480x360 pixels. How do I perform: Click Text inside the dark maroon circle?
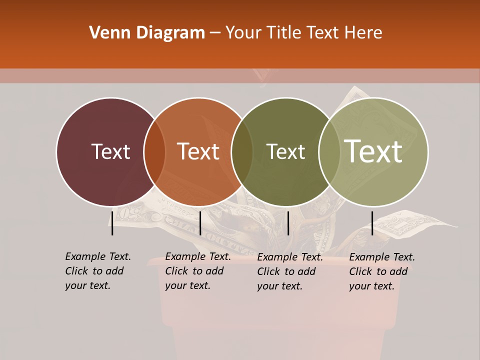tap(110, 151)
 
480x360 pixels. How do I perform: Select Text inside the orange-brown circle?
tap(198, 151)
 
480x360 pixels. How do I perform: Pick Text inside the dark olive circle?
tap(285, 151)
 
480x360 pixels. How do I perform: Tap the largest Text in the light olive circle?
tap(373, 151)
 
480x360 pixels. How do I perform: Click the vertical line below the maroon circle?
tap(112, 222)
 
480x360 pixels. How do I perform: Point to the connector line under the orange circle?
tap(200, 222)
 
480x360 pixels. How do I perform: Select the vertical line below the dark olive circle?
tap(288, 222)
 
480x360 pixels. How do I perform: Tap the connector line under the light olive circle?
tap(372, 222)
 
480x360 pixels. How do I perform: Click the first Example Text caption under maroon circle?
tap(97, 271)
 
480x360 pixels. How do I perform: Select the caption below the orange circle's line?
tap(197, 271)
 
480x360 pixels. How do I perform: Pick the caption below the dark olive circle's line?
tap(289, 271)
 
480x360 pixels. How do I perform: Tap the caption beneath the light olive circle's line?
tap(381, 271)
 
